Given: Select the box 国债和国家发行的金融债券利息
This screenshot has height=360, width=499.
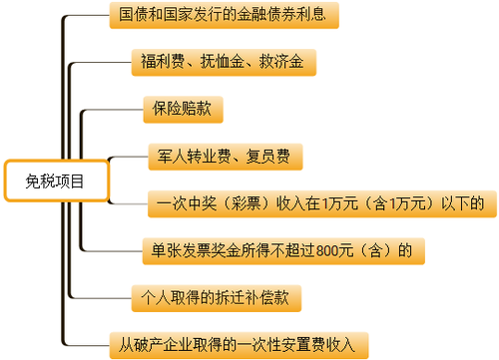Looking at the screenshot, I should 222,17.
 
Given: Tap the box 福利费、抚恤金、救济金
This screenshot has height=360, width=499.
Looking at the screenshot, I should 223,62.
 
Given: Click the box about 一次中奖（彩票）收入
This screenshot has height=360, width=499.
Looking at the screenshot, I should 319,203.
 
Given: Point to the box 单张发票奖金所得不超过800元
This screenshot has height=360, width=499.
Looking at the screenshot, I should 279,249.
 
